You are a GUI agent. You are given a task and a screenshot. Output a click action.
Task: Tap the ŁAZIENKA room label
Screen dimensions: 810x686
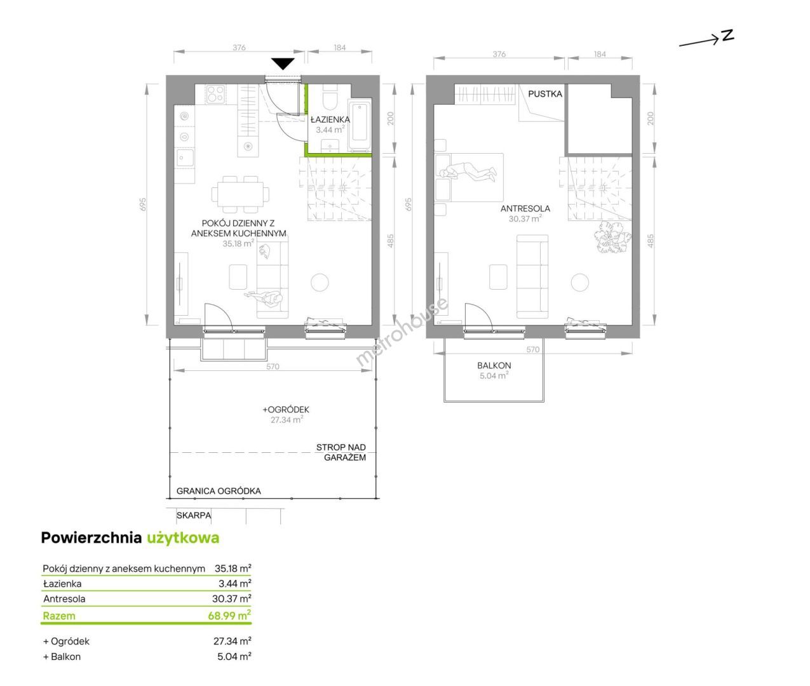coord(330,119)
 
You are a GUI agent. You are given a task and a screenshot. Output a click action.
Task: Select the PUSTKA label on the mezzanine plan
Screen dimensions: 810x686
coord(544,94)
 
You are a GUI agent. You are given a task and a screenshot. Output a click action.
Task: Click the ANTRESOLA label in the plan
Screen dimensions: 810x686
coord(525,209)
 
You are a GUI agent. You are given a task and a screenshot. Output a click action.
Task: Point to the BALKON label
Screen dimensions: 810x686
coord(494,365)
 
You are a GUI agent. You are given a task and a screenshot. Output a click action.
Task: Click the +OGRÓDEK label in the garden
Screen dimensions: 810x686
coord(286,410)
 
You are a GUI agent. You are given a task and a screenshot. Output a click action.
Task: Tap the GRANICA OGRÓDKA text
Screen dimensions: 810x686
coord(219,491)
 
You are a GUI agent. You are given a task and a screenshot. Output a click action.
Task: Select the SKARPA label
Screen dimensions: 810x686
coord(194,515)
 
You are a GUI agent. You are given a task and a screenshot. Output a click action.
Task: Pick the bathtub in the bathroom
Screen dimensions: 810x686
coord(360,125)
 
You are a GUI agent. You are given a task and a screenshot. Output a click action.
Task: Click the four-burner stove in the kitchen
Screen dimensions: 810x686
coord(215,95)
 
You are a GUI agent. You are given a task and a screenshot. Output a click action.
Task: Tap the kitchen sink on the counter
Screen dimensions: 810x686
coord(185,158)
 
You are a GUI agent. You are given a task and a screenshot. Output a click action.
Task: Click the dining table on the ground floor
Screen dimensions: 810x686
coord(240,194)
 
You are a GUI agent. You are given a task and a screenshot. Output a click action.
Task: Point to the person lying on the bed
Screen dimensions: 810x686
coord(468,173)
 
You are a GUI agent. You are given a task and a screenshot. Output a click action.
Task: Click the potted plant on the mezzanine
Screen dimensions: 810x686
coord(612,237)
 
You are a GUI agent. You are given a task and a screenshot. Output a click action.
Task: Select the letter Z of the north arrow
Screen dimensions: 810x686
coord(727,36)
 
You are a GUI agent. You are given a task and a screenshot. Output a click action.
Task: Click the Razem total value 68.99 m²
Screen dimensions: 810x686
coord(229,615)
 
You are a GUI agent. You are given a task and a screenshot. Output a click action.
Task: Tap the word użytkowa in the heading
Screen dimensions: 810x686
coord(183,538)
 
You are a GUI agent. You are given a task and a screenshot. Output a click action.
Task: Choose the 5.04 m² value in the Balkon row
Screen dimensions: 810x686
coord(234,657)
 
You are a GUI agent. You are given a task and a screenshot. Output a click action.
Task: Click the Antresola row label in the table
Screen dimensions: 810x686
coord(64,598)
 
